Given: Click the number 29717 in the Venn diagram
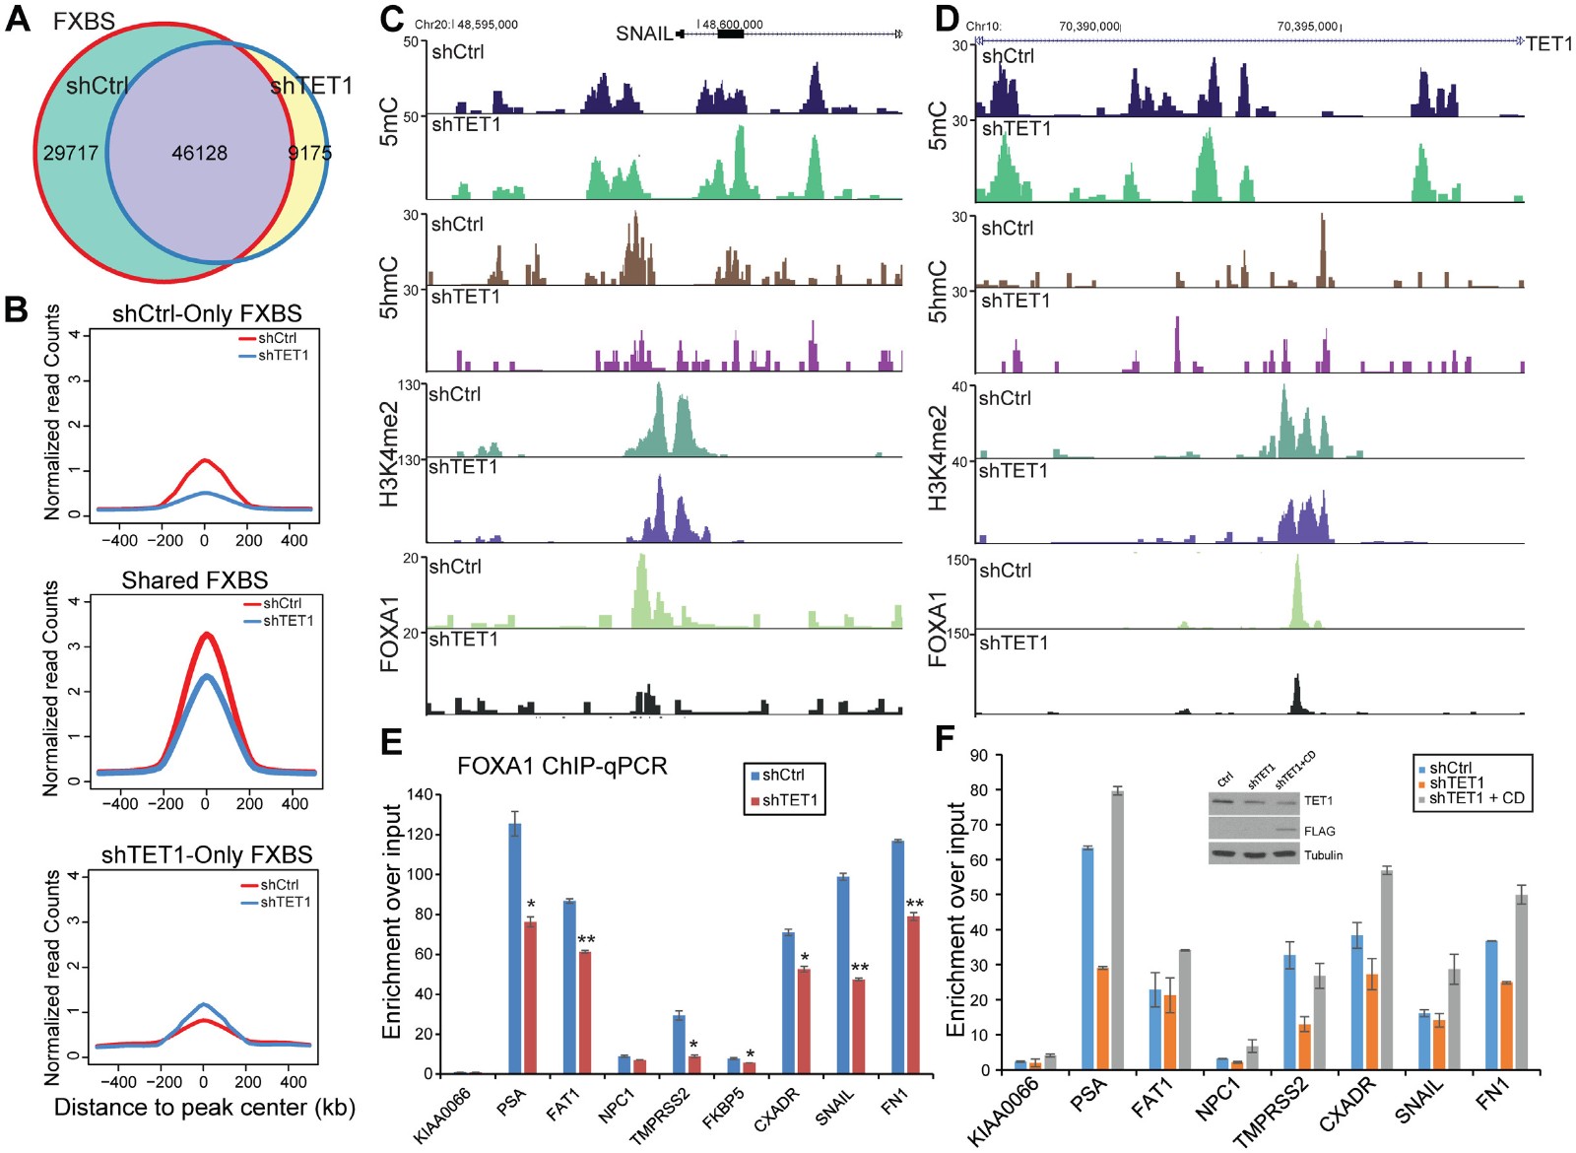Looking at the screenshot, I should tap(71, 153).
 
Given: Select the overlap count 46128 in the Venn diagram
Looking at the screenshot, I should tap(199, 153).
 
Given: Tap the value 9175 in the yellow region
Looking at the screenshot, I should tap(309, 153).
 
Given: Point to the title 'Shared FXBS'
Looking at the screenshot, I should tap(195, 580).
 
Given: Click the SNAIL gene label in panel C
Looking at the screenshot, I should tap(643, 34).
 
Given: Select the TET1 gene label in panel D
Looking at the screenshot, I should tap(1548, 43).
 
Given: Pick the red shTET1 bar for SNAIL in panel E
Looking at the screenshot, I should tap(859, 1026).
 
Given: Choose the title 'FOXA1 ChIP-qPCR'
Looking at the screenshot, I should tap(562, 766).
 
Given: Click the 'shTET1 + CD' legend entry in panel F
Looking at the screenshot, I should tap(1477, 798).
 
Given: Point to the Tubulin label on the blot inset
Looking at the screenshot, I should tap(1323, 854).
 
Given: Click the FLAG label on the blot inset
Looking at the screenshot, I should tap(1319, 831).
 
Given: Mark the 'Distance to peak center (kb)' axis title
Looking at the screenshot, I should tap(204, 1108).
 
